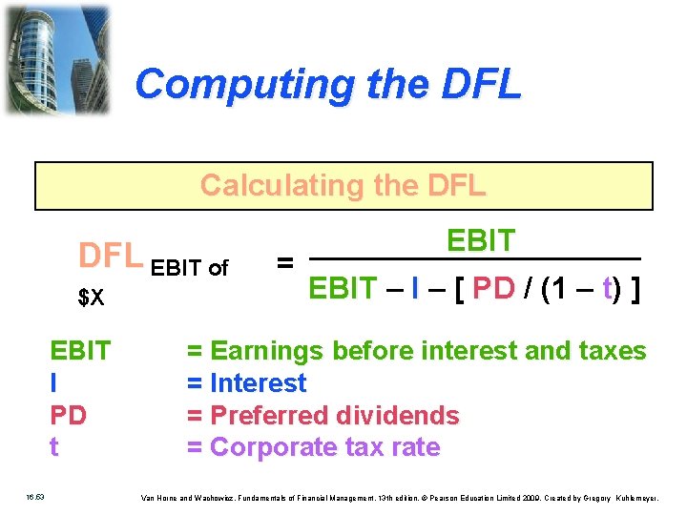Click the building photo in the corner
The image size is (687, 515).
point(56,59)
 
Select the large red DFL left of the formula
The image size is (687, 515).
point(111,257)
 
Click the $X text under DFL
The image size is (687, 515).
point(91,299)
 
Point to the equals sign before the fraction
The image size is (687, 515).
point(284,260)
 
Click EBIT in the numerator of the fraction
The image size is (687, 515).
point(481,241)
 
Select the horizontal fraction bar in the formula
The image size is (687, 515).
point(474,259)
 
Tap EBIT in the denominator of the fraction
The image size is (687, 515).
point(343,289)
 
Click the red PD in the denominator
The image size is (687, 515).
point(493,289)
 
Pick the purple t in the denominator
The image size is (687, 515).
point(607,289)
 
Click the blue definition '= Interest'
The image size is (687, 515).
point(246,383)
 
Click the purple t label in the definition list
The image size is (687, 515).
point(53,447)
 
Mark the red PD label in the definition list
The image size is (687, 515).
point(68,416)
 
